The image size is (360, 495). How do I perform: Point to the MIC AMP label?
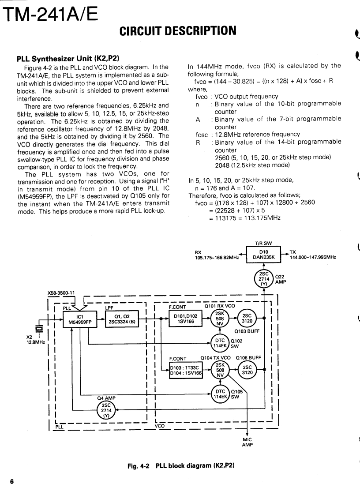point(247,442)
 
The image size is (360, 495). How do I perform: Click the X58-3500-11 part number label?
point(61,292)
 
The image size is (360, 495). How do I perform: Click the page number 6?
point(12,482)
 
